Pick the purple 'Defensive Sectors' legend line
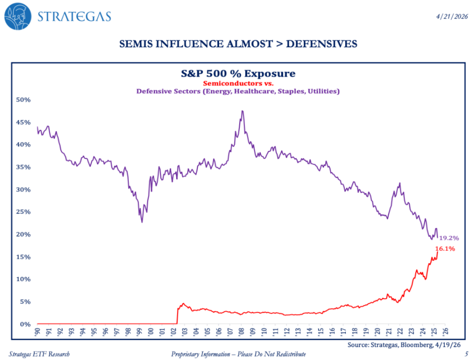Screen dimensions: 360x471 [238, 91]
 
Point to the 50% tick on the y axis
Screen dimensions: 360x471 [24, 100]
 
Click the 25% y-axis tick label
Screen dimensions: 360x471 [24, 212]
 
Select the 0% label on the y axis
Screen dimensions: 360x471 [26, 324]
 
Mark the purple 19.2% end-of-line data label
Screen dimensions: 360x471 [449, 238]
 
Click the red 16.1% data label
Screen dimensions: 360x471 [445, 249]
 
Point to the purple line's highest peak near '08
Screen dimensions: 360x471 [242, 111]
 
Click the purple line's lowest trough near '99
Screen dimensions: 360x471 [142, 222]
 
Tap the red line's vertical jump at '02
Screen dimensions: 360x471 [177, 316]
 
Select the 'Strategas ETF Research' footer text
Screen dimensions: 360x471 [39, 354]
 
